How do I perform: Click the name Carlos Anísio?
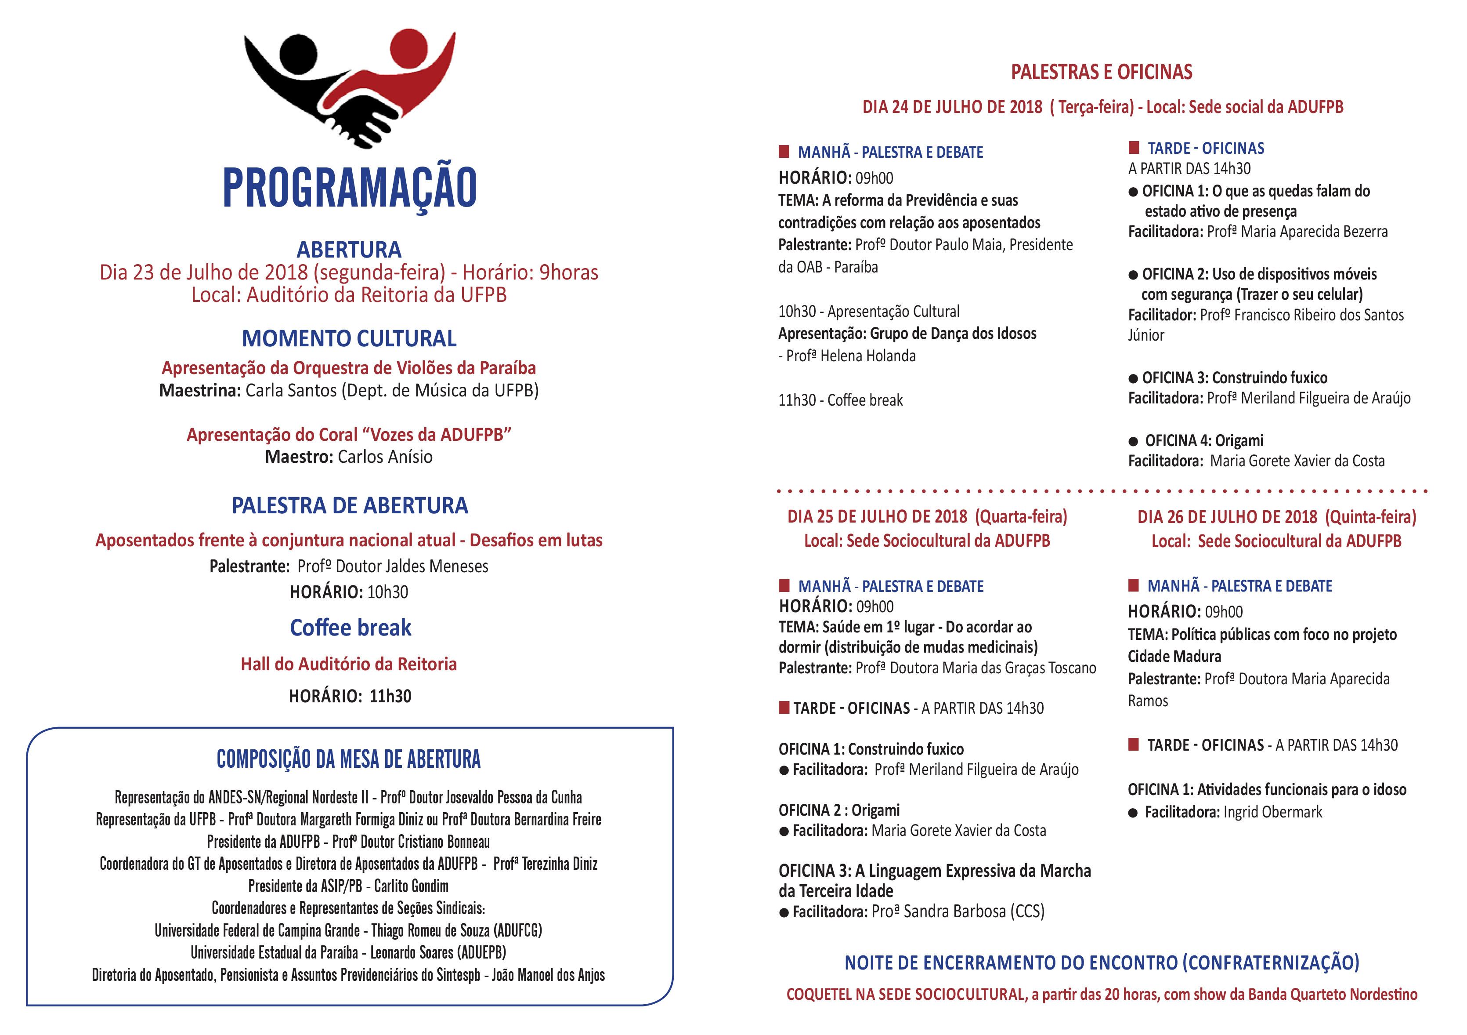coord(385,457)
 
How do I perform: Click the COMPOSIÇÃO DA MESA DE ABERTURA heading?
coord(349,759)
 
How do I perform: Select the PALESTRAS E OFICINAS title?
coord(1102,72)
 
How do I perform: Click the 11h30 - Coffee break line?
coord(840,400)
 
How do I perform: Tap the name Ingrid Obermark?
coord(1273,812)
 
